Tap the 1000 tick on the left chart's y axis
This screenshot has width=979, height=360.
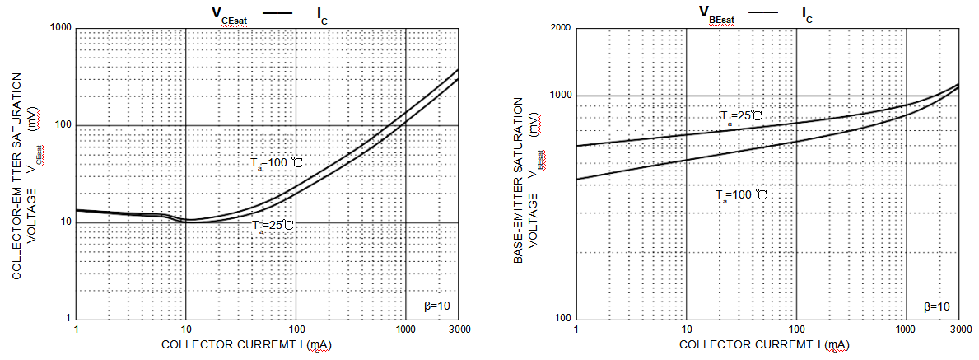[62, 28]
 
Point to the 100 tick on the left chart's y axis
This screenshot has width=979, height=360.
[64, 125]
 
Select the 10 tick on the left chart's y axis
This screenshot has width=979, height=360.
[67, 222]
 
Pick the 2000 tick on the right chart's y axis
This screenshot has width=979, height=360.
[561, 29]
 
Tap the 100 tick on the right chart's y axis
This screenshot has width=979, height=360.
[563, 319]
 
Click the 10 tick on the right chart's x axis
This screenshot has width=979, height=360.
[687, 329]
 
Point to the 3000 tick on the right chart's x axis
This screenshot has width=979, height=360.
[958, 329]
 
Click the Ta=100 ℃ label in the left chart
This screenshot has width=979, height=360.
[277, 163]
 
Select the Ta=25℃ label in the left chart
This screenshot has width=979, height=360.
[273, 225]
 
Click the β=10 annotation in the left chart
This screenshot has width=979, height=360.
[436, 306]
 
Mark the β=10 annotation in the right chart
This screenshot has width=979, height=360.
[936, 306]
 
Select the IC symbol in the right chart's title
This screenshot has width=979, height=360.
[807, 13]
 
